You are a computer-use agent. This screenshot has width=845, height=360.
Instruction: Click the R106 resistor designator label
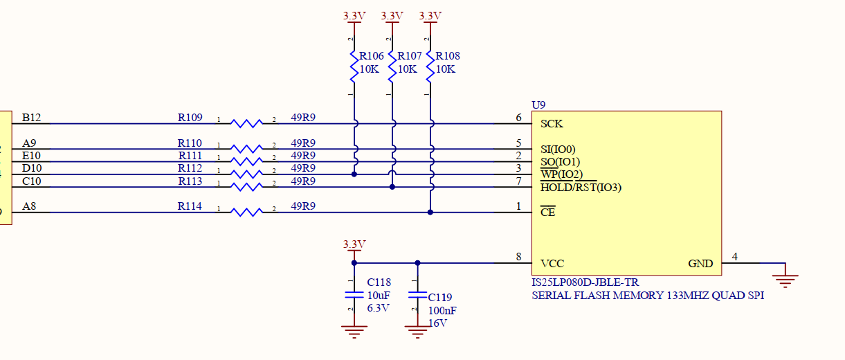pos(371,56)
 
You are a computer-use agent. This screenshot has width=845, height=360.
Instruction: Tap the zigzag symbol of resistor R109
pos(246,124)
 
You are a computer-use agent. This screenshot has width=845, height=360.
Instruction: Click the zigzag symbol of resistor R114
pos(246,213)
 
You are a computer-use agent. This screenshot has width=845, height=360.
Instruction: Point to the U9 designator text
pos(538,105)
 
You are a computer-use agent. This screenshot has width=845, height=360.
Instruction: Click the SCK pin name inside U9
pos(552,124)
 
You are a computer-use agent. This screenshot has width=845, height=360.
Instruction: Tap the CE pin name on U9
pos(547,213)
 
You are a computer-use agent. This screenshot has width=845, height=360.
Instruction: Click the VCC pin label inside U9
pos(552,264)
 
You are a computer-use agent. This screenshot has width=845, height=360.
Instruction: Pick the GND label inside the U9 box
pos(700,264)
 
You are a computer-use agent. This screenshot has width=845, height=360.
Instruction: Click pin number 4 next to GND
pos(734,257)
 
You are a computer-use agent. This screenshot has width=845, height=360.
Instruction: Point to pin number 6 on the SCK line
pos(518,118)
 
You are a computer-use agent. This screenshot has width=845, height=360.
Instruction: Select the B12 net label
pos(32,118)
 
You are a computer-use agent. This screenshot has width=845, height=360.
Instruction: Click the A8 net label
pos(29,206)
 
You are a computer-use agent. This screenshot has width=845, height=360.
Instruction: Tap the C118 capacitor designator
pos(379,282)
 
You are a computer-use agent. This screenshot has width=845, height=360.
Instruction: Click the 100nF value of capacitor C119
pos(442,311)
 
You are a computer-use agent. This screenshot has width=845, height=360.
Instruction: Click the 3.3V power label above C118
pos(354,244)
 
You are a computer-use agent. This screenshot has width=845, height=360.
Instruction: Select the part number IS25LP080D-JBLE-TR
pos(585,282)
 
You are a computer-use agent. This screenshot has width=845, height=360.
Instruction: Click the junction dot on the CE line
pos(430,213)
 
